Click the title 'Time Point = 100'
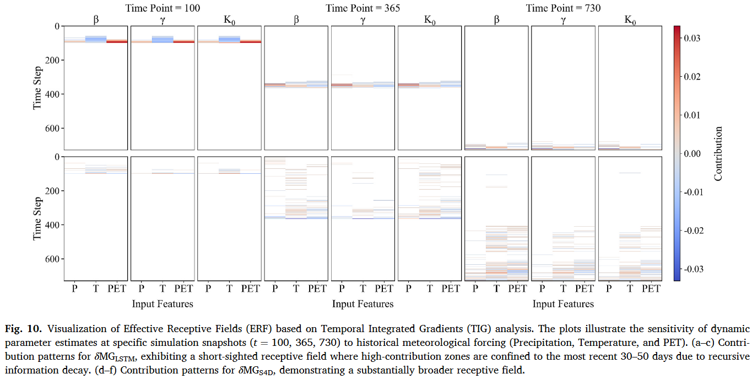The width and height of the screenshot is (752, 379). tap(163, 8)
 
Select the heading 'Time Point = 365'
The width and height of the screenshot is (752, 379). tap(363, 8)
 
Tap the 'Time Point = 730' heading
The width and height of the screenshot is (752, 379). tap(564, 8)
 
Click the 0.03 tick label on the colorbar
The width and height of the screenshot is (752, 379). tap(693, 38)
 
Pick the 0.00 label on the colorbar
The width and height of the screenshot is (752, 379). tap(693, 154)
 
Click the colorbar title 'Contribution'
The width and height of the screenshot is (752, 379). tap(717, 154)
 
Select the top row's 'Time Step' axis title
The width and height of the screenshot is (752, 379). tap(37, 88)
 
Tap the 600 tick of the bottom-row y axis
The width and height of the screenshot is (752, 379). tap(52, 259)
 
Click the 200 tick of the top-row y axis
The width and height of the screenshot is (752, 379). tap(52, 60)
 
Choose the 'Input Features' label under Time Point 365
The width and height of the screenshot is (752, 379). tap(363, 304)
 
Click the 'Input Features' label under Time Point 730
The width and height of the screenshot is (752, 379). tap(564, 304)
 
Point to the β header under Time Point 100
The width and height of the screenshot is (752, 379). tap(96, 20)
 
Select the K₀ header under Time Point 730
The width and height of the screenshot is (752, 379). tap(630, 20)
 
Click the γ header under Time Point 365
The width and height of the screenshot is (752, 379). tap(363, 20)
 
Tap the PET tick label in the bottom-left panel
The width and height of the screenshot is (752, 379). tap(117, 289)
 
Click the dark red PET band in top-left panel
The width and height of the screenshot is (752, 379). tap(117, 42)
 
